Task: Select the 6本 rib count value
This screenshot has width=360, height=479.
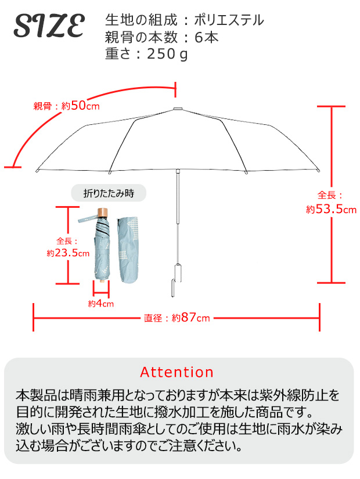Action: pos(210,38)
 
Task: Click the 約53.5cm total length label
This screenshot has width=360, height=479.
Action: pos(331,209)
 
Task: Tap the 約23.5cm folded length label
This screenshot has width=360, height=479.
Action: pos(68,253)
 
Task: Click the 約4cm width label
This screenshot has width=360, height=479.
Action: pos(101,303)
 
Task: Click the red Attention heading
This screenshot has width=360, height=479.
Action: pos(177,372)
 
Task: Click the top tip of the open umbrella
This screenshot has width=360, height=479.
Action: pos(177,110)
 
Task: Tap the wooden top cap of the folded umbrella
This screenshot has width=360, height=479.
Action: pos(103,212)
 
